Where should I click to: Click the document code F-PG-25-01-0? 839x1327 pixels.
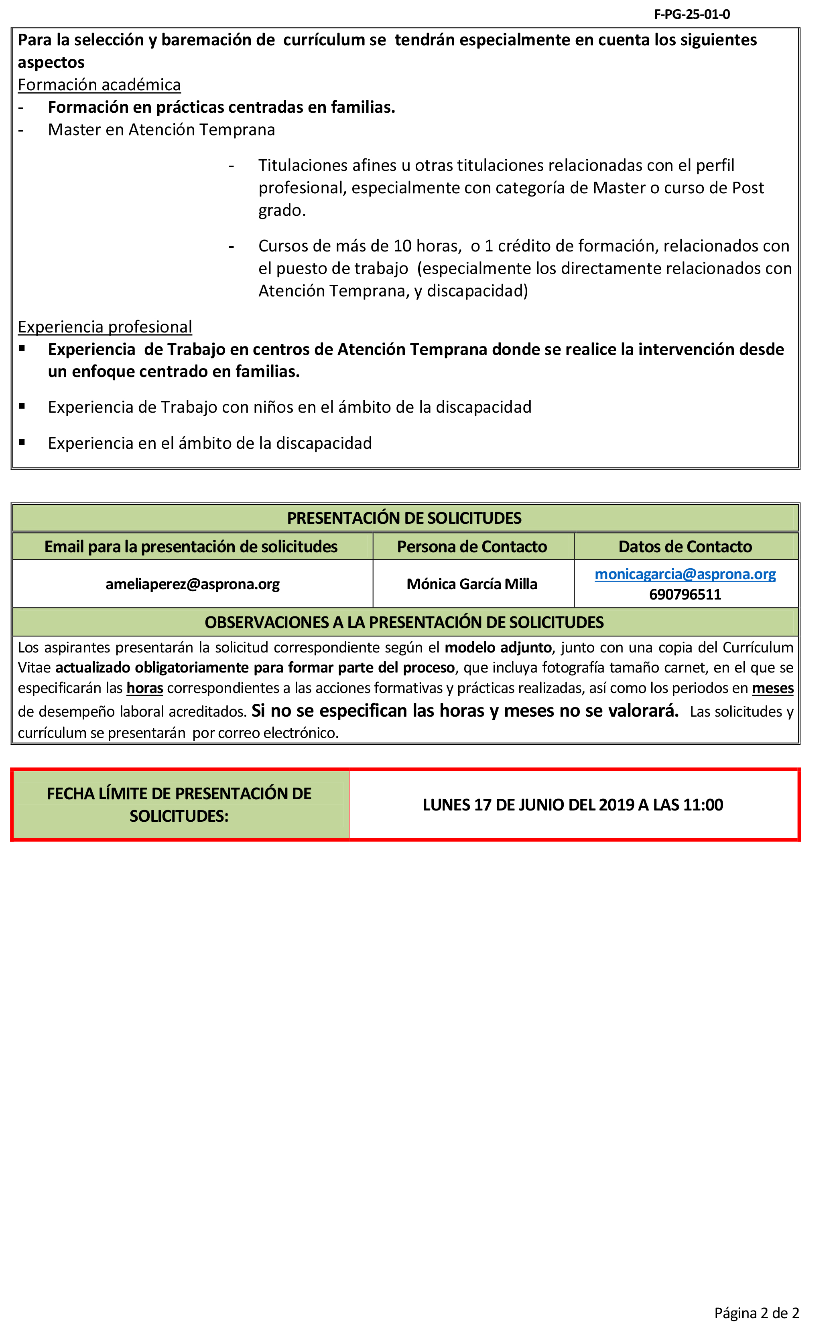691,14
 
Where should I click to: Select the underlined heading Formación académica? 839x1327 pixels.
99,85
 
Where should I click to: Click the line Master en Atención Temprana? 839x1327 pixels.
161,130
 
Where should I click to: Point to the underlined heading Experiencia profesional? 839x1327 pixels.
105,327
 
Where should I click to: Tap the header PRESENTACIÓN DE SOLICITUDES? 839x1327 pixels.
404,518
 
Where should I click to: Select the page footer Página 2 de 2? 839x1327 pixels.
756,1313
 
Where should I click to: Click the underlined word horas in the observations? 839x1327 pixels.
144,688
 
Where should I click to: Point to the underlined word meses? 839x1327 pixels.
772,688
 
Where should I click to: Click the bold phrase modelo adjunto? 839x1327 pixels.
498,648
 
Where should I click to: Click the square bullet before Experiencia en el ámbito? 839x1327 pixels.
22,442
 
